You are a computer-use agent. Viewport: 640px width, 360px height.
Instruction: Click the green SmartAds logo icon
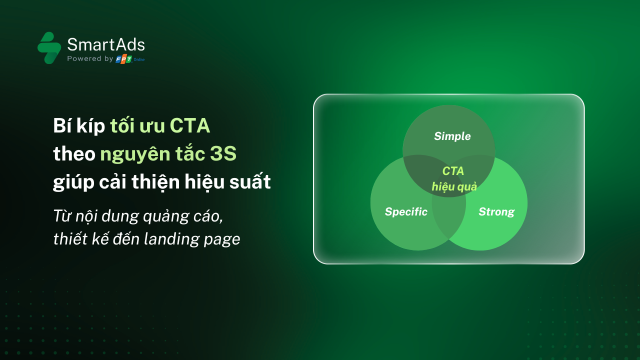tap(49, 47)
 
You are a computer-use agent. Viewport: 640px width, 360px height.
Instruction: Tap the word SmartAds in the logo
tap(106, 44)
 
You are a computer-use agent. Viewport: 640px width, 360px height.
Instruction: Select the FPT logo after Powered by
tap(123, 59)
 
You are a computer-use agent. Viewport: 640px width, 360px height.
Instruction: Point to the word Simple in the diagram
tap(452, 136)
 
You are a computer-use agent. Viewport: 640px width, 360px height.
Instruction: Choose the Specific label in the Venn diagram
tap(406, 211)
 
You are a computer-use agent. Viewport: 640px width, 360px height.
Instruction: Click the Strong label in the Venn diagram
tap(496, 211)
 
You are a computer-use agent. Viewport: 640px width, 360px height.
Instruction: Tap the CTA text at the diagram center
tap(453, 171)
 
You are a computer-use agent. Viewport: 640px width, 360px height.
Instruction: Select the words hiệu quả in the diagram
tap(454, 187)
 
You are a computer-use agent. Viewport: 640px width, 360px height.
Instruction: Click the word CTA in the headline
tap(190, 125)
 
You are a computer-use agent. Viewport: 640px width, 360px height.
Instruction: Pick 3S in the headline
tap(223, 153)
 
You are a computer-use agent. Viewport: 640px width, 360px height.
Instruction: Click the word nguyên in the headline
tap(135, 154)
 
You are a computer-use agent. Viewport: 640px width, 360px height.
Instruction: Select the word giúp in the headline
tap(73, 182)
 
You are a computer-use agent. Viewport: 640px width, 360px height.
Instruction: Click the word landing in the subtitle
tap(170, 239)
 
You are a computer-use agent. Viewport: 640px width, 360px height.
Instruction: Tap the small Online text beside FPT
tap(139, 59)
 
